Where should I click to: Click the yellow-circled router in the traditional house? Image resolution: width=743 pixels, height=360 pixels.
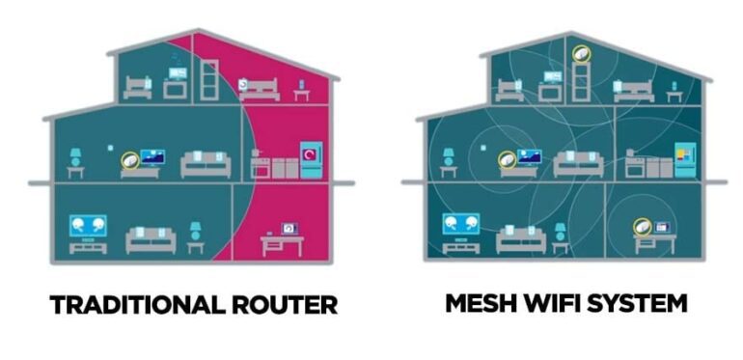point(127,159)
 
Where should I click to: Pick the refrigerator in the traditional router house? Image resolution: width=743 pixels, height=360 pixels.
point(312,159)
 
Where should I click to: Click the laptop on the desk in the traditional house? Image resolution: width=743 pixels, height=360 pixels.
point(289,230)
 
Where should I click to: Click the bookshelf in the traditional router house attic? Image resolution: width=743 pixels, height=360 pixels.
point(207,81)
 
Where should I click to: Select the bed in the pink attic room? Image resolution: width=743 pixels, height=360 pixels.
point(259,89)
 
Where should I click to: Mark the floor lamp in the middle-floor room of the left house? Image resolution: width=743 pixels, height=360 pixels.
point(75,161)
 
